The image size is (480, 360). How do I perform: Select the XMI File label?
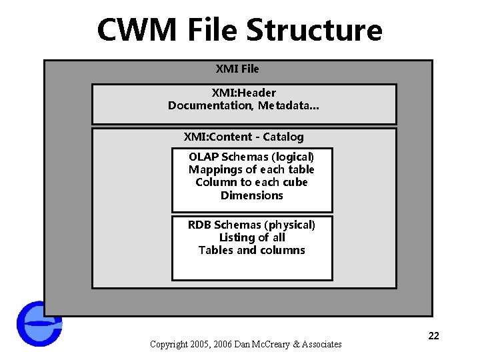click(x=237, y=69)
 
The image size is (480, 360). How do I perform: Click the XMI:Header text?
click(x=243, y=93)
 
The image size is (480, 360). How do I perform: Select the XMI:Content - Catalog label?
click(x=243, y=137)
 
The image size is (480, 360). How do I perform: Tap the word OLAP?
click(x=203, y=157)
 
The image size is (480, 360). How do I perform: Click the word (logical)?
click(x=290, y=157)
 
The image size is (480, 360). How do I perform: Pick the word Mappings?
click(x=212, y=169)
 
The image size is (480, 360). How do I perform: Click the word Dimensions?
click(x=251, y=195)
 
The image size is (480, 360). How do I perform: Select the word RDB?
click(x=199, y=225)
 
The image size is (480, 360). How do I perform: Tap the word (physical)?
click(x=288, y=225)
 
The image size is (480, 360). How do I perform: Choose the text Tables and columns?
click(x=251, y=250)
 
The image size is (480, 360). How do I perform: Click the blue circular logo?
click(x=39, y=324)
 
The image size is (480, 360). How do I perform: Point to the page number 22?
click(x=433, y=336)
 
